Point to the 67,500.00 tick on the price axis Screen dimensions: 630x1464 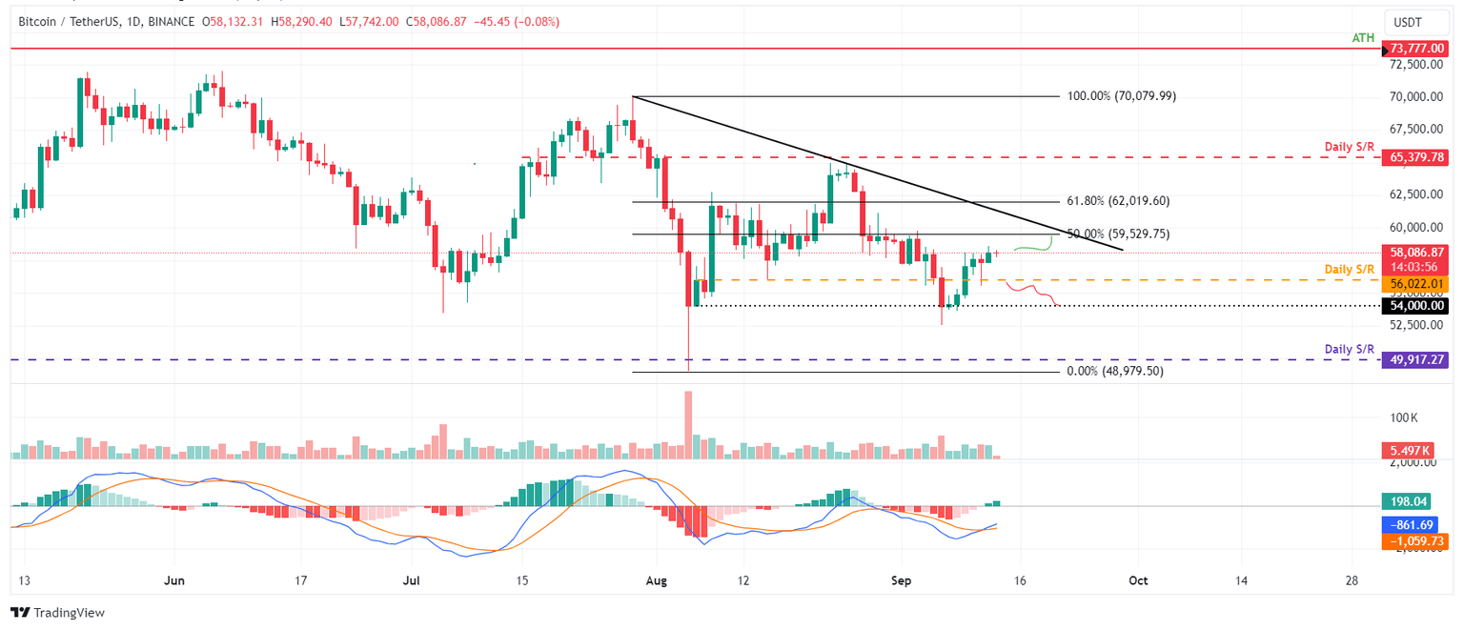pyautogui.click(x=1413, y=129)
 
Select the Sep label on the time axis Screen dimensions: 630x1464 pyautogui.click(x=903, y=579)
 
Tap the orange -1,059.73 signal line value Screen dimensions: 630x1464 pyautogui.click(x=1413, y=540)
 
